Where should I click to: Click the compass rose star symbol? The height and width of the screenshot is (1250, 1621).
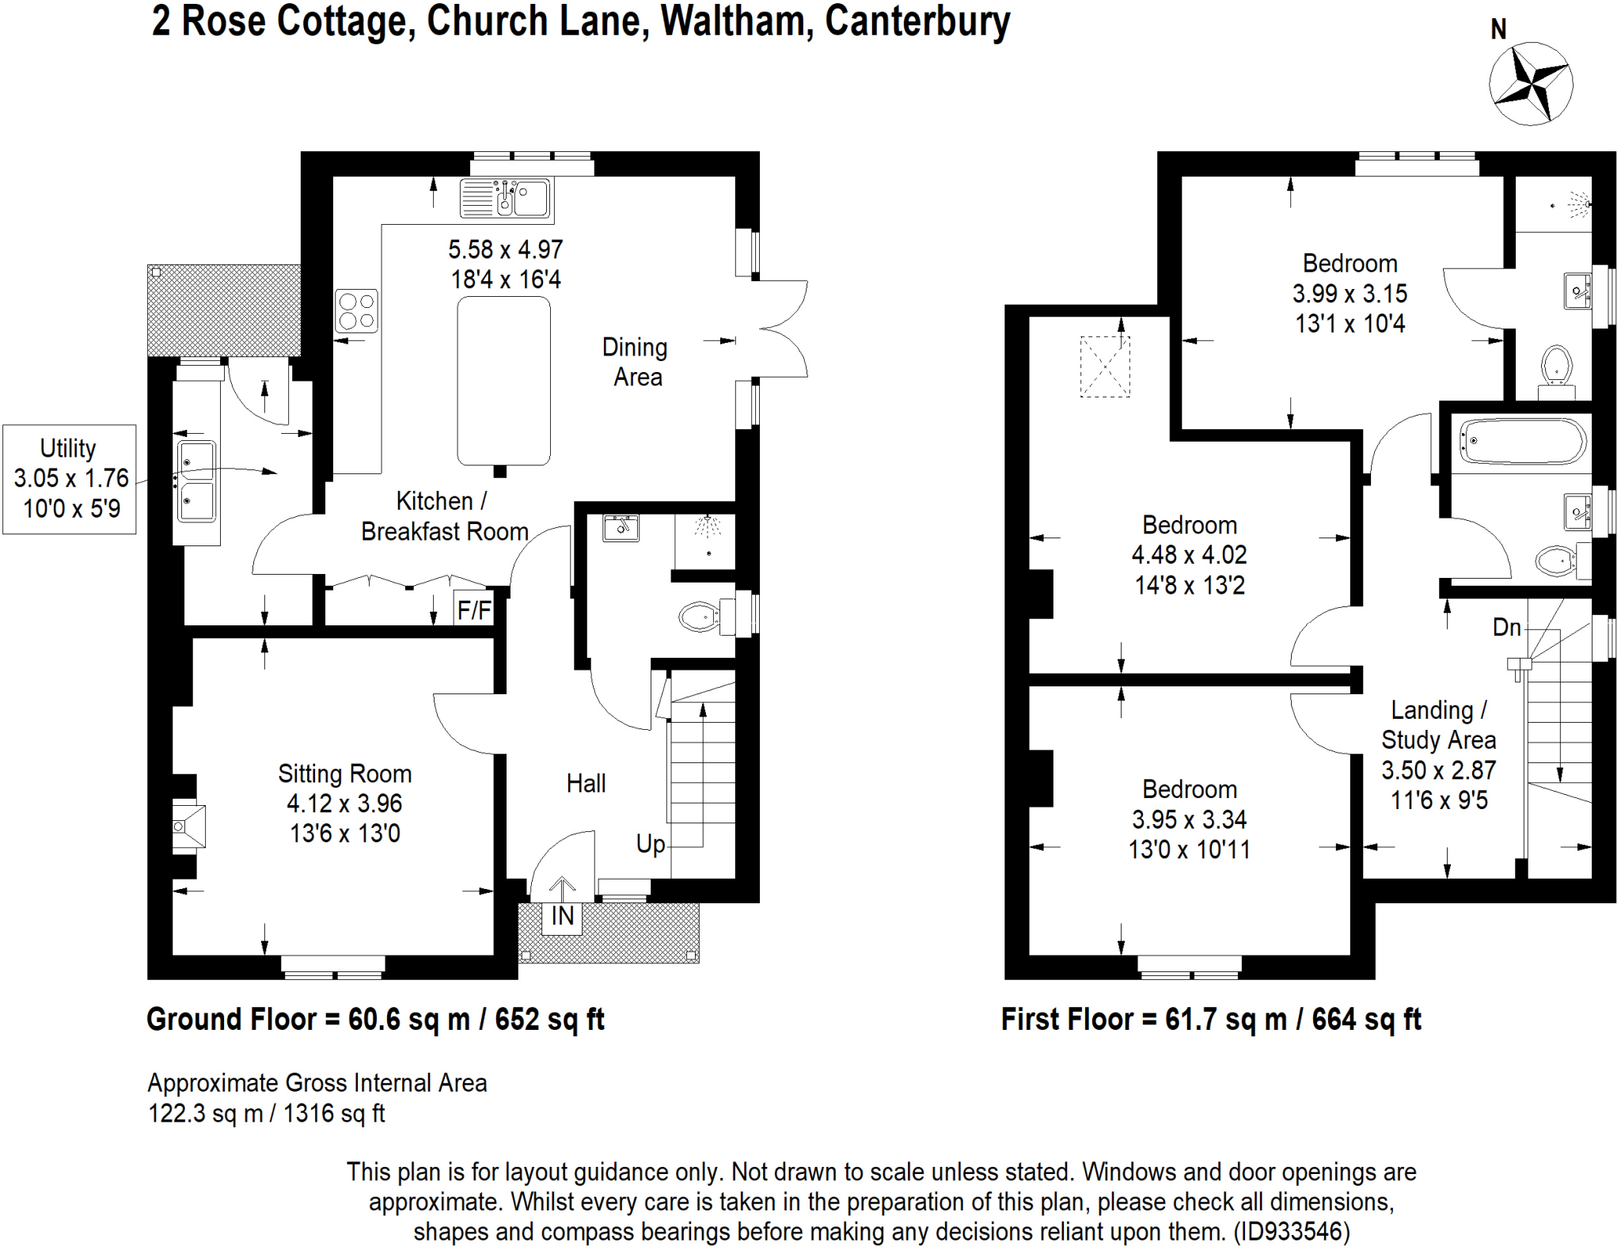coord(1530,84)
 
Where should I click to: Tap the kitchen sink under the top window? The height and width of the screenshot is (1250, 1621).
coord(506,198)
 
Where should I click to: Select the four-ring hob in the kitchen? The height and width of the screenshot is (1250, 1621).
coord(356,311)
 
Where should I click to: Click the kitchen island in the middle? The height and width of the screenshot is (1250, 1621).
coord(503,381)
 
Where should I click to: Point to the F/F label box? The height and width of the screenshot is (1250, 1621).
coord(473,610)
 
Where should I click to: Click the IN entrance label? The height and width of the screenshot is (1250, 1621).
coord(562,917)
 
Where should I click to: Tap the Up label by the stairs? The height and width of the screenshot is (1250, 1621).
coord(651,844)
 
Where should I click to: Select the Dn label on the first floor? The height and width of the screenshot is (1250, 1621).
coord(1506,628)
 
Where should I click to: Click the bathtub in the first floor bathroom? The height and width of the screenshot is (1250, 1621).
coord(1521,441)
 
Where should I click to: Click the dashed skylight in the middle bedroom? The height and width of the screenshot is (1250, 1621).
coord(1105,367)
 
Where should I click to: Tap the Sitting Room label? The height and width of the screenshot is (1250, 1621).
coord(344,773)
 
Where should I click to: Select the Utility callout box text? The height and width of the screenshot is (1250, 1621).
coord(70,478)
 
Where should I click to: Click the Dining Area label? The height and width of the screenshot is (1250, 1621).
coord(636,362)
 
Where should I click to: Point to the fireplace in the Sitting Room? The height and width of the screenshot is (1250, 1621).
coord(188,826)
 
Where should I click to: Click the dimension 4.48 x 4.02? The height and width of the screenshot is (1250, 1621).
coord(1189,555)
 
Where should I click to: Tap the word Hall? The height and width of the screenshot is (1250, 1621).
coord(586,784)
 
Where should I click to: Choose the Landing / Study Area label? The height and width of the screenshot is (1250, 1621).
coord(1438,725)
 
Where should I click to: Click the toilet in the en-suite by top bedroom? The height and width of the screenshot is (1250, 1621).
coord(1556,367)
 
